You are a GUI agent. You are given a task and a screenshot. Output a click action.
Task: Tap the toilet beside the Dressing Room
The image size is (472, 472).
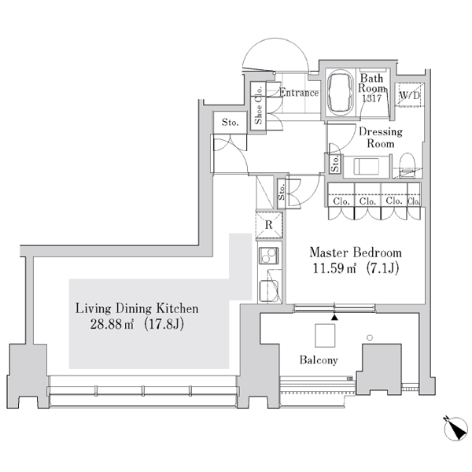pyautogui.click(x=407, y=165)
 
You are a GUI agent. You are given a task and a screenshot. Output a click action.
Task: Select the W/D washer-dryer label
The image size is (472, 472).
pyautogui.click(x=409, y=96)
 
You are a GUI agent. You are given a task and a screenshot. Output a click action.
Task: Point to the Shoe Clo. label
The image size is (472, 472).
pyautogui.click(x=258, y=105)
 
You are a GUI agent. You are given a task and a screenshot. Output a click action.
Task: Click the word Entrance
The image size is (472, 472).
pyautogui.click(x=299, y=92)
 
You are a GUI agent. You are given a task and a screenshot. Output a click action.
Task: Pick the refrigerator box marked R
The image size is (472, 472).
pyautogui.click(x=269, y=224)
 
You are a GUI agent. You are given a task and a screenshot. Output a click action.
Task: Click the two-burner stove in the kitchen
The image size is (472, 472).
pyautogui.click(x=268, y=256)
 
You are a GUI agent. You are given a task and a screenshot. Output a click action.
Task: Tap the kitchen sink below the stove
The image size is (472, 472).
pyautogui.click(x=268, y=291)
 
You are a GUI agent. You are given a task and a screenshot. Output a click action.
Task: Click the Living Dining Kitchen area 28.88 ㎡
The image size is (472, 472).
pyautogui.click(x=112, y=324)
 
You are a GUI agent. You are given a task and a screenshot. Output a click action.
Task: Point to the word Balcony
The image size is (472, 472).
pyautogui.click(x=319, y=360)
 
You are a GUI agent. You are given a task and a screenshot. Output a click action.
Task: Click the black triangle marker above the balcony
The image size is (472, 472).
pyautogui.click(x=334, y=317)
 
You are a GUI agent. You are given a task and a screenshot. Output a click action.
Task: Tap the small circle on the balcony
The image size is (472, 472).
pyautogui.click(x=370, y=337)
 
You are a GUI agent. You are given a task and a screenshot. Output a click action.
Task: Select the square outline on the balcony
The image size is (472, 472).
pyautogui.click(x=325, y=335)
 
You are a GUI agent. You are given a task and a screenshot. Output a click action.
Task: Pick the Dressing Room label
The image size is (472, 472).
pyautogui.click(x=381, y=137)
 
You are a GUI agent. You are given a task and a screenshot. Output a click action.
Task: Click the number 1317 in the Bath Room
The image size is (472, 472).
pyautogui.click(x=372, y=98)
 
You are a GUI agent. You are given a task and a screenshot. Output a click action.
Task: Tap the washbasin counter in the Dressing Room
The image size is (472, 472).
pyautogui.click(x=367, y=166)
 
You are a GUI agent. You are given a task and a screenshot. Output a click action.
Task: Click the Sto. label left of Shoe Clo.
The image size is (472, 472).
pyautogui.click(x=230, y=122)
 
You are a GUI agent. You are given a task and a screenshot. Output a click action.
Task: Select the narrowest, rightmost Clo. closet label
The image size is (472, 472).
pyautogui.click(x=414, y=201)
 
